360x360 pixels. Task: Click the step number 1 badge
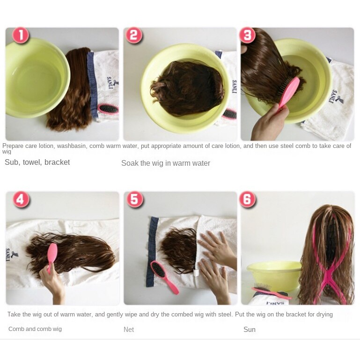coord(21,36)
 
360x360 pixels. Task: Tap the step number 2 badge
coord(134,36)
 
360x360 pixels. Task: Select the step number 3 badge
coord(247,36)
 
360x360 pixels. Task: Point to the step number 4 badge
coord(21,199)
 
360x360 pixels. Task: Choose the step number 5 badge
coord(135,199)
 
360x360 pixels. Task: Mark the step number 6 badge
coord(248,199)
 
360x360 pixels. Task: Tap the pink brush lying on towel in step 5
coord(164,277)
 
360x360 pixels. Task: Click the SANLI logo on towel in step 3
coord(336,96)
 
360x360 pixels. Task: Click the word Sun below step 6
coord(250,330)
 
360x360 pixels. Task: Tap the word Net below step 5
coord(129,330)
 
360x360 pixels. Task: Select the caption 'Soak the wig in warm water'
coord(166,163)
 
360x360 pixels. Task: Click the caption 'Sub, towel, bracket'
coord(37,162)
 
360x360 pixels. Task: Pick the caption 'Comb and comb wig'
coord(35,329)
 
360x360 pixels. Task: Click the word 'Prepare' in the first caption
coord(13,146)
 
